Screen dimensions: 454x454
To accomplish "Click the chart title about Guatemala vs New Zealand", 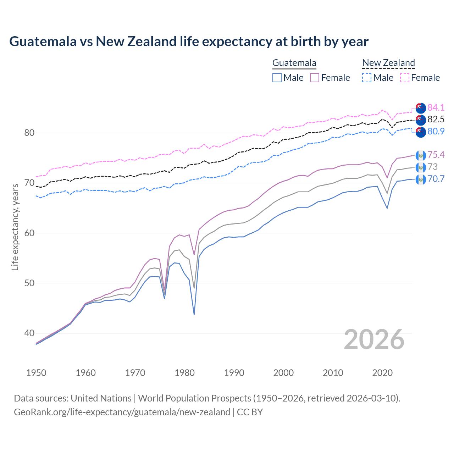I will coord(189,41).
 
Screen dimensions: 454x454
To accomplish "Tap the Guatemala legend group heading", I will coord(294,63).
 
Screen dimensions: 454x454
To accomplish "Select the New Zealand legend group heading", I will coord(388,63).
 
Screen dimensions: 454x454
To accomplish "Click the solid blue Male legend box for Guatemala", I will coord(277,78).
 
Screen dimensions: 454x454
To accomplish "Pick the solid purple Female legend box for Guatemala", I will coord(315,78).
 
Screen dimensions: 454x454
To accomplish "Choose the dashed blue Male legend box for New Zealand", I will coord(367,78).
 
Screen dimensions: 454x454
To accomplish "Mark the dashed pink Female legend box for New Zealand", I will coord(405,78).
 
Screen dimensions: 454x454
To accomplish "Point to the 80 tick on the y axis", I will coord(29,133).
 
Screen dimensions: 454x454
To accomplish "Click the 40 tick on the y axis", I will coord(29,333).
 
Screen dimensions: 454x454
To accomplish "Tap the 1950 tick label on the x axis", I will coord(36,373).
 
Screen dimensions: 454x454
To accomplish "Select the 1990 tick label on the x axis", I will coord(234,373).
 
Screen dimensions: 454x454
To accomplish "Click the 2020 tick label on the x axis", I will coord(382,373).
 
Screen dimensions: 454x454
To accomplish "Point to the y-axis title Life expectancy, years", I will coord(15,227).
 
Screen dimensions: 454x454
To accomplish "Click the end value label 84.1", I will coord(436,107).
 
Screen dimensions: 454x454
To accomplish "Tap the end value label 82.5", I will coord(436,119).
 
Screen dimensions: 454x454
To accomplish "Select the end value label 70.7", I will coord(436,179).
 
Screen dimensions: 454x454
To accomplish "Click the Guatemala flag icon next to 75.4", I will coord(421,155).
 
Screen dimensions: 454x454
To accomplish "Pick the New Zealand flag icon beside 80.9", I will coord(421,132).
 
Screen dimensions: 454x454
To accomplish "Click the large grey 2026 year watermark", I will coord(374,339).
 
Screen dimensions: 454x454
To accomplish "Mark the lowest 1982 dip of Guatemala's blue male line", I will coord(194,314).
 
